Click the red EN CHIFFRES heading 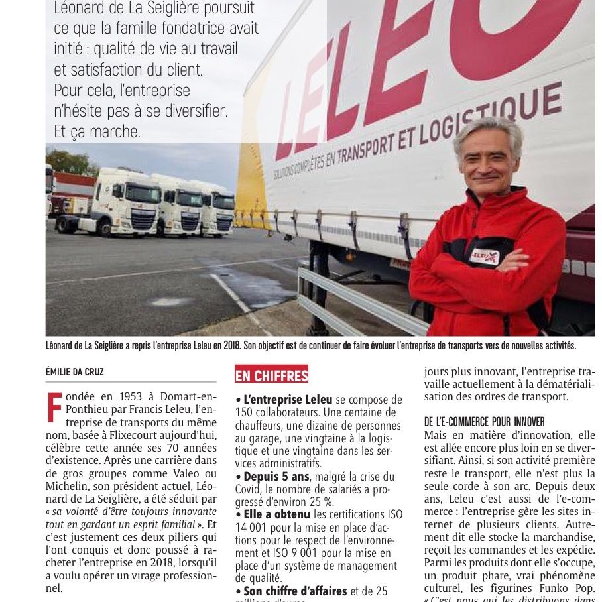[272, 375]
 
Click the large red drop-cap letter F [56, 408]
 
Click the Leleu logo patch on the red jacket [485, 256]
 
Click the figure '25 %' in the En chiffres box [302, 502]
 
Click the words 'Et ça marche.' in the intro [97, 131]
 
